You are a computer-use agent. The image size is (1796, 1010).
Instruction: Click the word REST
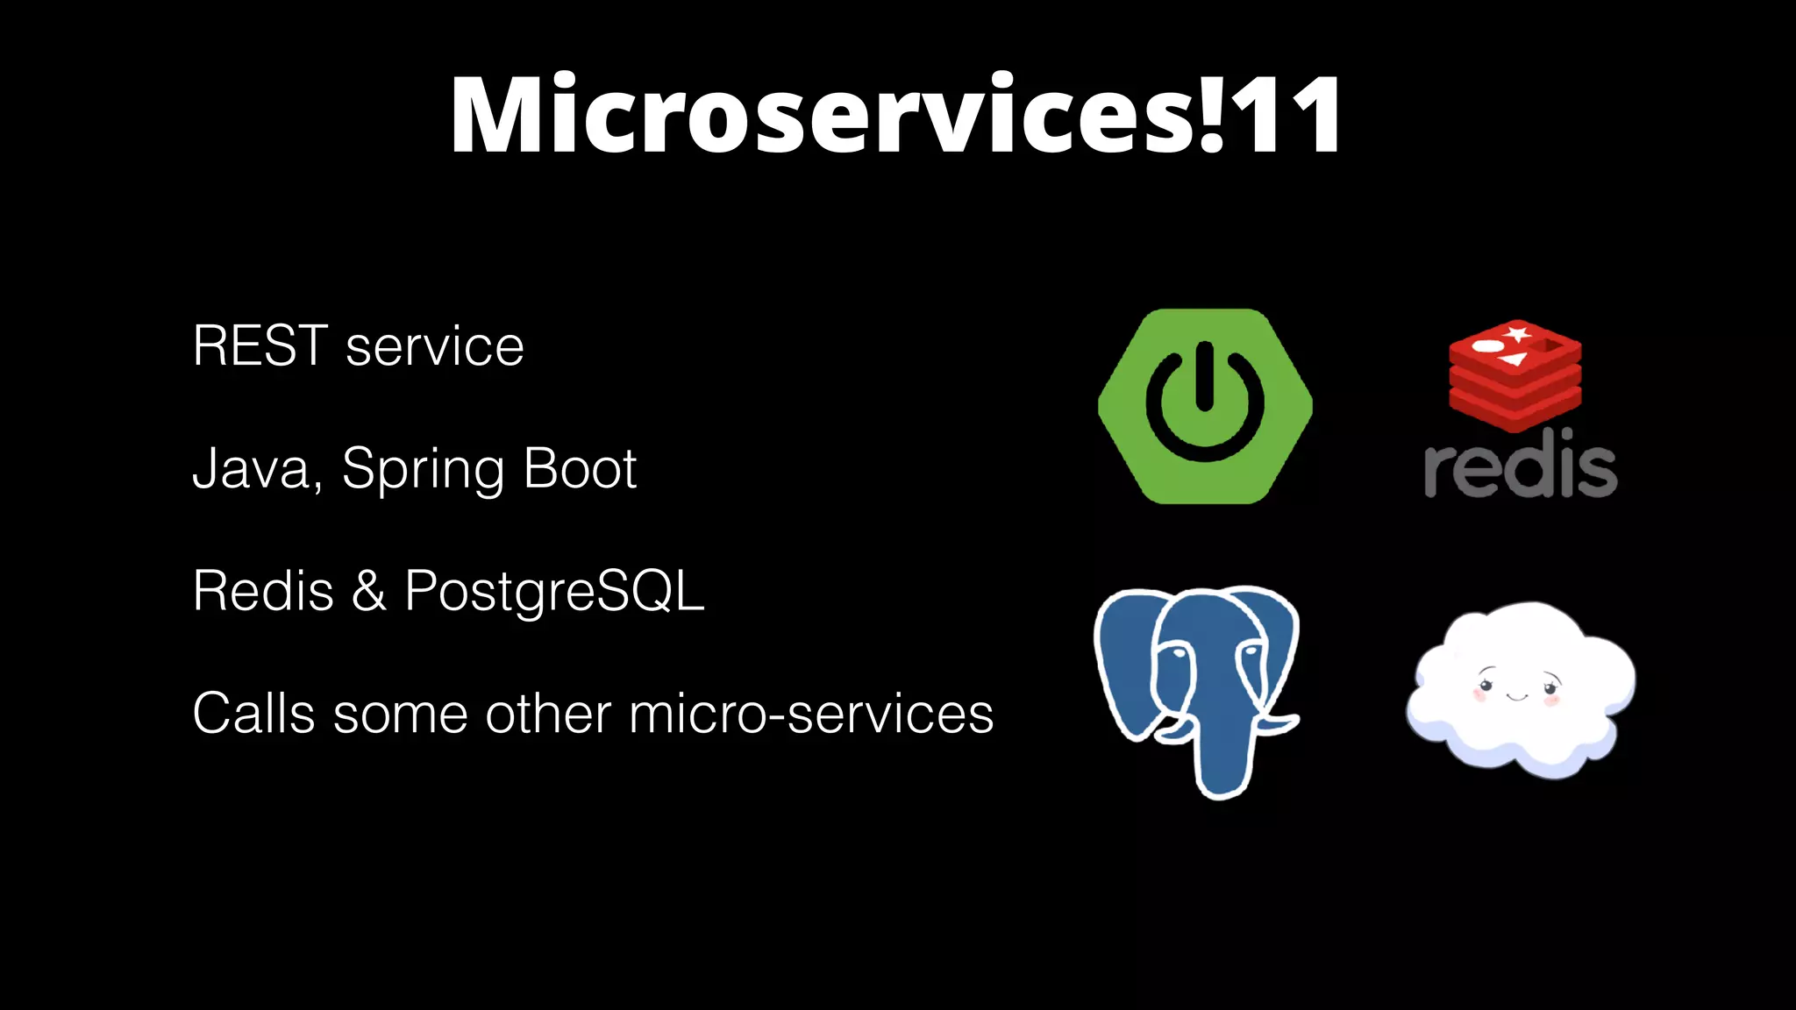(x=260, y=345)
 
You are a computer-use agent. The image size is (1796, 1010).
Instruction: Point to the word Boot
(x=580, y=468)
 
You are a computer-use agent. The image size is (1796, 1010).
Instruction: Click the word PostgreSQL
(x=554, y=592)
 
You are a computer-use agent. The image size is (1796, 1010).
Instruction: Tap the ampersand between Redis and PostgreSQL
(x=368, y=591)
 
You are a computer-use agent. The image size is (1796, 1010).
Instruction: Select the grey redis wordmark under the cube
(x=1520, y=466)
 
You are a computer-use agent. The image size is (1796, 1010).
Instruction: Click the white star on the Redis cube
(x=1518, y=333)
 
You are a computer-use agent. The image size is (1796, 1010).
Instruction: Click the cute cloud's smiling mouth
(x=1517, y=697)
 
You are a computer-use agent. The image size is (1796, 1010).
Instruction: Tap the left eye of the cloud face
(x=1486, y=683)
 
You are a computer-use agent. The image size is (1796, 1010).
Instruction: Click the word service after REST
(x=434, y=347)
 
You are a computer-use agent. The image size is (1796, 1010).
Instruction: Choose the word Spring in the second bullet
(x=423, y=470)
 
